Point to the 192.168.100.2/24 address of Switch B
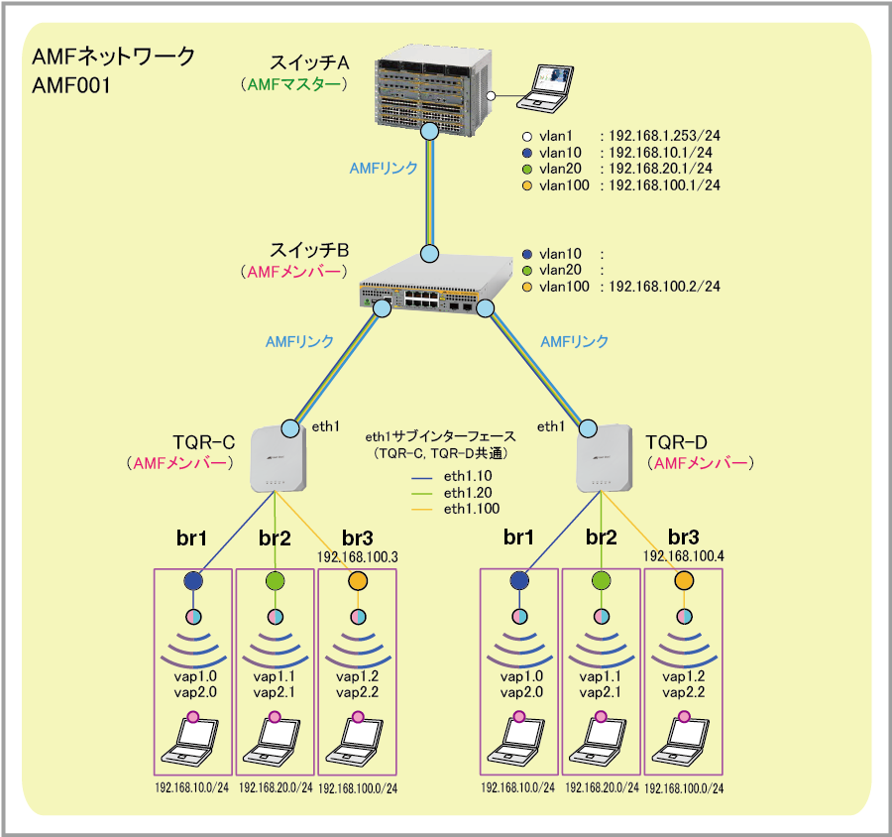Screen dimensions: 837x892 pos(663,287)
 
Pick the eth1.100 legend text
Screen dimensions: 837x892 pos(472,509)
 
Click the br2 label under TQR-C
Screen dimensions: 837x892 pos(275,538)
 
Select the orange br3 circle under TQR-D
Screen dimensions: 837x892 pos(684,581)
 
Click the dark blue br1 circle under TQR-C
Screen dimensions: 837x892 pos(193,581)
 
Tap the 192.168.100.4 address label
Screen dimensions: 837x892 pos(684,556)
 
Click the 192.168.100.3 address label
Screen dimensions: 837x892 pos(358,556)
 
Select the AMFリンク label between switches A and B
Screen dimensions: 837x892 pos(384,169)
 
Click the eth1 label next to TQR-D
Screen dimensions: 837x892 pos(551,426)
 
